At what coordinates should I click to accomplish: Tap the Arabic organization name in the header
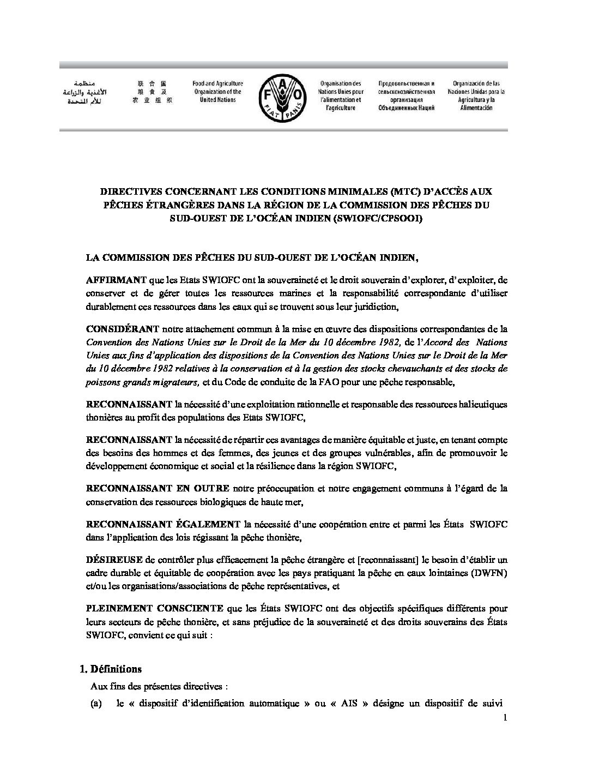click(83, 93)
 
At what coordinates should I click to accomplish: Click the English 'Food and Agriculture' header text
click(217, 92)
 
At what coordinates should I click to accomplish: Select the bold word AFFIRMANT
click(116, 280)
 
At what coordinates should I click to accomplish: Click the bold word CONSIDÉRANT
click(122, 329)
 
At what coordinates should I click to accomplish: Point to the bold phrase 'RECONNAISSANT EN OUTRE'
click(158, 488)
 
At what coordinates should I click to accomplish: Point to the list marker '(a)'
click(96, 704)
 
